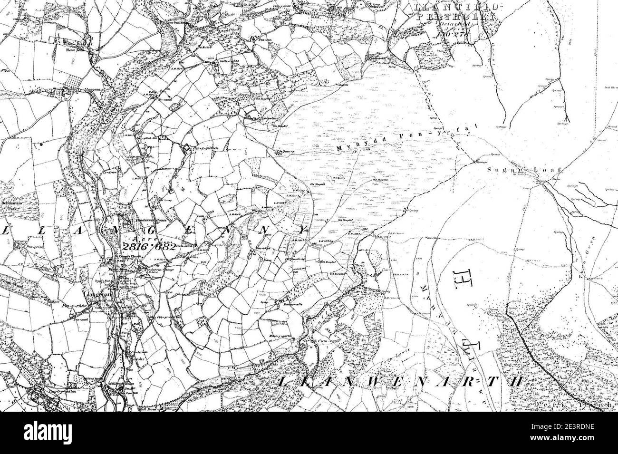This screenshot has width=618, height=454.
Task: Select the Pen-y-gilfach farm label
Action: (x=205, y=148)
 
